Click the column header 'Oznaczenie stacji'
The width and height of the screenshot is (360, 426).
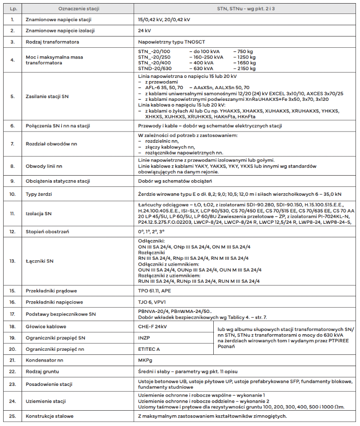point(79,9)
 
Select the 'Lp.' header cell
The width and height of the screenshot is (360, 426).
point(13,9)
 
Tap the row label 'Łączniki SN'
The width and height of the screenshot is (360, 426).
point(40,261)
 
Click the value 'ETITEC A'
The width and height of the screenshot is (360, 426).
point(149,349)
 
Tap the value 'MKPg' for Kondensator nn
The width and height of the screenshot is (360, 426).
point(146,360)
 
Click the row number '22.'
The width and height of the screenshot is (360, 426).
point(13,372)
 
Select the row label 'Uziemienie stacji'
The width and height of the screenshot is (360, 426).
point(46,401)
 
